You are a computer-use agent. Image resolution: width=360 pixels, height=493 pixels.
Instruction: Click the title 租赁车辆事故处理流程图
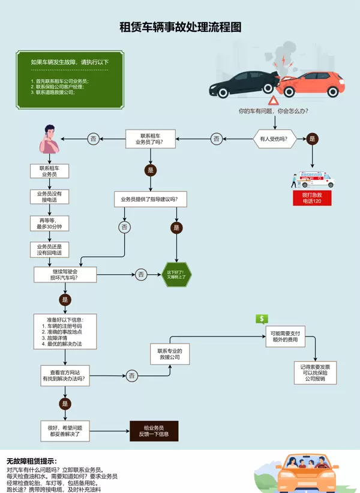pyautogui.click(x=180, y=28)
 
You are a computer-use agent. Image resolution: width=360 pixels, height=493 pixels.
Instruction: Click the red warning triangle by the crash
pyautogui.click(x=274, y=100)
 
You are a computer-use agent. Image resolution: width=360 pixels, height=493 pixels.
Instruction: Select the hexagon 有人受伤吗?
pyautogui.click(x=274, y=139)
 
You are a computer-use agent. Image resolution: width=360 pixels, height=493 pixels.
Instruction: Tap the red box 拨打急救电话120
pyautogui.click(x=312, y=198)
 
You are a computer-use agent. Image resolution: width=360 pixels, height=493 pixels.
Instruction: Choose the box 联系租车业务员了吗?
pyautogui.click(x=150, y=139)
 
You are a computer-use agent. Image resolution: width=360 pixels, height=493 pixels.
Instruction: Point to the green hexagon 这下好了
pyautogui.click(x=176, y=275)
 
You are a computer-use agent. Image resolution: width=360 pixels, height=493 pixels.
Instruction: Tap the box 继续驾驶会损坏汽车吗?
pyautogui.click(x=65, y=275)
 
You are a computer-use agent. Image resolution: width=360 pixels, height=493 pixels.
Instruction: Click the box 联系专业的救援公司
pyautogui.click(x=169, y=354)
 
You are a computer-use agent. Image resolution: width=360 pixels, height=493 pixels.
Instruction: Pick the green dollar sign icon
pyautogui.click(x=261, y=319)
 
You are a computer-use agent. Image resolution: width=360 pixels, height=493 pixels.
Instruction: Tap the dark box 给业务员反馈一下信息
pyautogui.click(x=154, y=431)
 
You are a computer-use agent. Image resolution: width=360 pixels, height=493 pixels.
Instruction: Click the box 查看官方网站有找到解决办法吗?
pyautogui.click(x=65, y=375)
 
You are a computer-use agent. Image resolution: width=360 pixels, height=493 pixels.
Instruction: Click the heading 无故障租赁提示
pyautogui.click(x=31, y=461)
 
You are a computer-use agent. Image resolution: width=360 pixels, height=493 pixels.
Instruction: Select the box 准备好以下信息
pyautogui.click(x=65, y=332)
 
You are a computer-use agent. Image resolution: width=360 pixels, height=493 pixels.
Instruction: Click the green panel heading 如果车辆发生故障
pyautogui.click(x=70, y=62)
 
